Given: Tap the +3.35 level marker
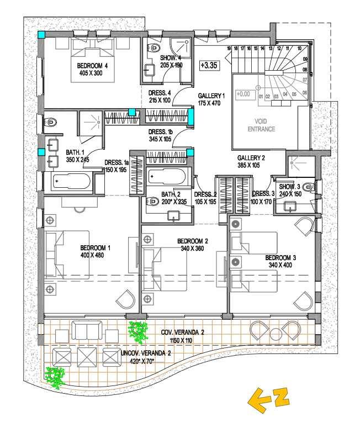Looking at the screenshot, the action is click(x=208, y=65).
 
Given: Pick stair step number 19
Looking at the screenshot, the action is click(x=228, y=49).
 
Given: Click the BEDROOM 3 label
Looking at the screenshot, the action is click(x=280, y=258).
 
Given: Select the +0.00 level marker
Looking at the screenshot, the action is click(x=243, y=94).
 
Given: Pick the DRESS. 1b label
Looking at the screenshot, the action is click(x=161, y=131).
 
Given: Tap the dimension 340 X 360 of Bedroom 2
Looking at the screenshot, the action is click(x=193, y=249).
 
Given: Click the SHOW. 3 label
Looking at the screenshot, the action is click(x=290, y=187).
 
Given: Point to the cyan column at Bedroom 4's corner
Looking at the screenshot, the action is click(x=41, y=35).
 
